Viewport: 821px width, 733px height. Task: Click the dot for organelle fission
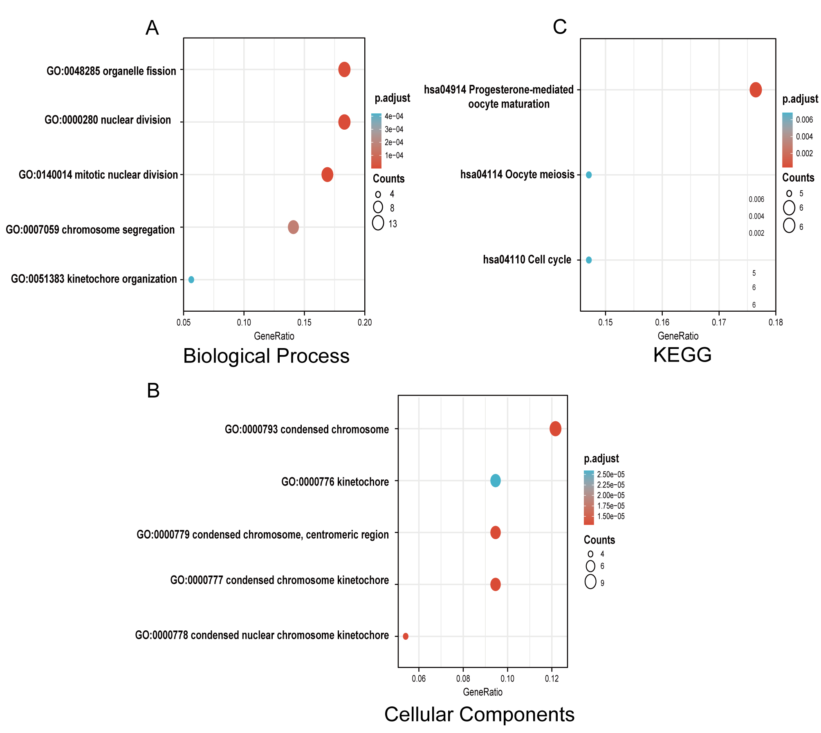pos(344,70)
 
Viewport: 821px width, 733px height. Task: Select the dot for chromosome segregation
pos(293,227)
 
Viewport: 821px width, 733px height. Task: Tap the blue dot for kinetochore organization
pos(191,280)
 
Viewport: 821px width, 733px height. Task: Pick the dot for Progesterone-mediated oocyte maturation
pos(756,90)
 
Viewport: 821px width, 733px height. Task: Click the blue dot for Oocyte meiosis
pos(589,175)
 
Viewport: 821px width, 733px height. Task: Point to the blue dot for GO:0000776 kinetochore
pos(495,481)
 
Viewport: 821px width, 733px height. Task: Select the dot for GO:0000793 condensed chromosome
pos(555,429)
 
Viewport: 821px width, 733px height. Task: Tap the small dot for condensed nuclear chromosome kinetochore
pos(406,636)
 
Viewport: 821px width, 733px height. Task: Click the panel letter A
pos(152,28)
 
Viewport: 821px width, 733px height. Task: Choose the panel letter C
pos(560,27)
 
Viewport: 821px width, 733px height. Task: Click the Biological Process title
pos(266,356)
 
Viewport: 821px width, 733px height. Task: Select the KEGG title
pos(682,355)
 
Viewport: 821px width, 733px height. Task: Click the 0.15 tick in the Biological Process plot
pos(304,323)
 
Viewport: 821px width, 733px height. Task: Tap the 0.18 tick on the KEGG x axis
pos(776,322)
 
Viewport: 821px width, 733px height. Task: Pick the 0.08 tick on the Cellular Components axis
pos(463,679)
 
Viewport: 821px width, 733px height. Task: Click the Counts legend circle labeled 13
pos(378,223)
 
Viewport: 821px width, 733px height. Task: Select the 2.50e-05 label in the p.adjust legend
pos(611,474)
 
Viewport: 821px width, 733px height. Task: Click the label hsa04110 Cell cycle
pos(527,260)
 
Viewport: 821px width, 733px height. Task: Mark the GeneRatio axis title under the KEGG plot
pos(678,336)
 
